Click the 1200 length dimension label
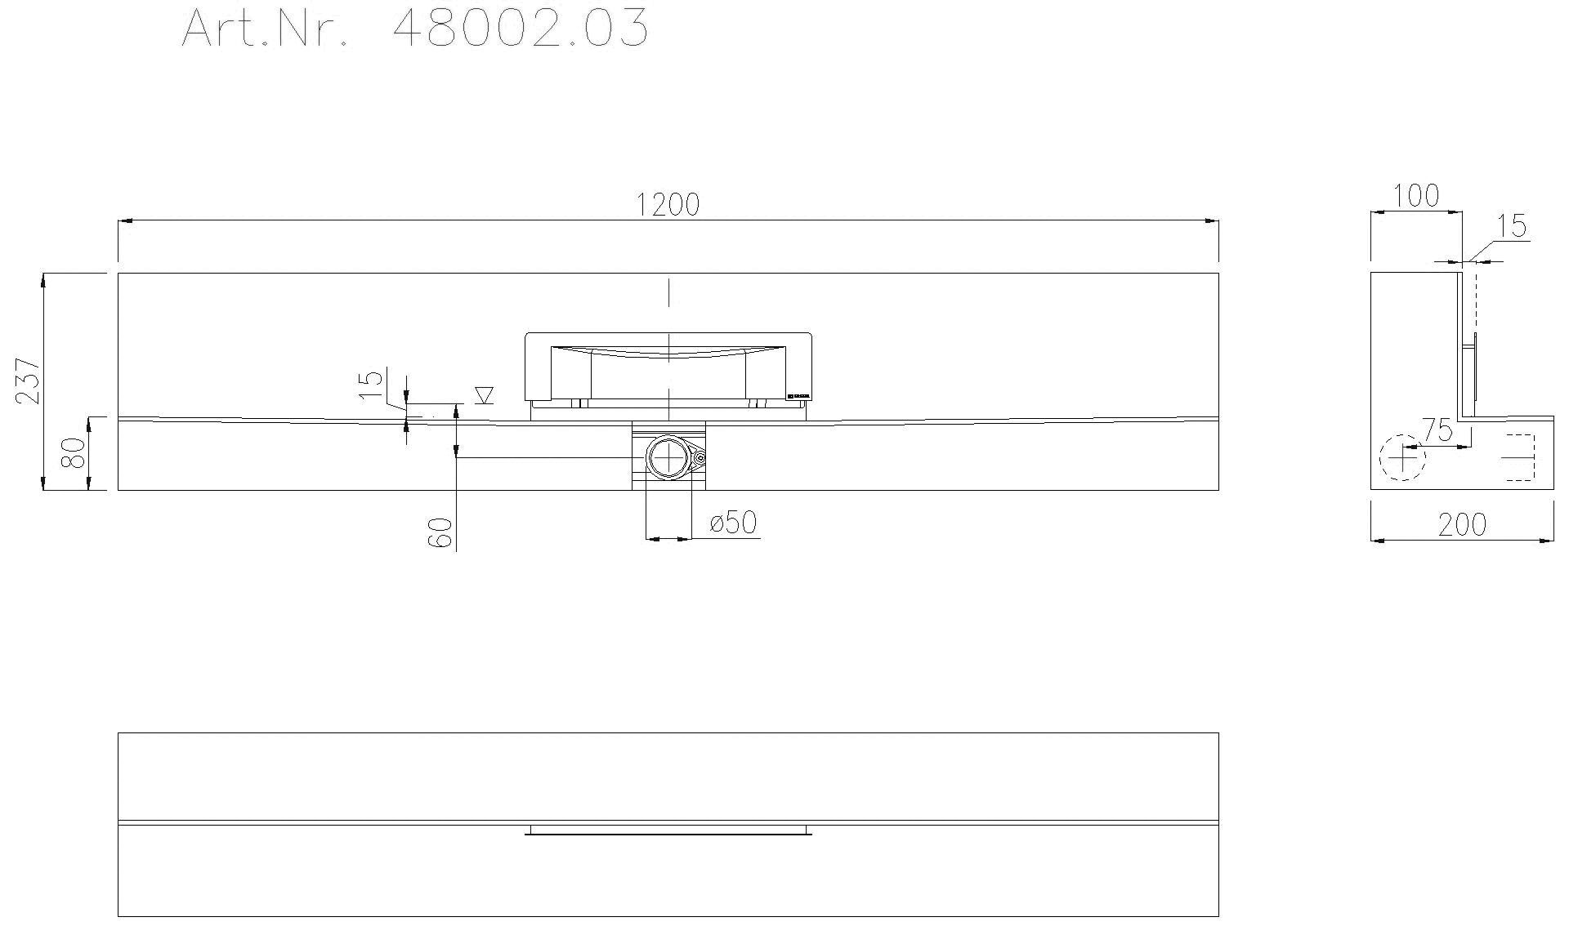tap(668, 204)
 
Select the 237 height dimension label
tap(28, 381)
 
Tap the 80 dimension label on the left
tap(74, 453)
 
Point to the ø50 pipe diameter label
tap(733, 523)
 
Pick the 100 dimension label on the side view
tap(1415, 196)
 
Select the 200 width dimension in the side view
tap(1462, 525)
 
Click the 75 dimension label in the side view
tap(1437, 430)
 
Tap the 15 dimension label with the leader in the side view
tap(1513, 226)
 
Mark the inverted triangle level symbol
tap(484, 395)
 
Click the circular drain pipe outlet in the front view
tap(668, 458)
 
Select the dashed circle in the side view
tap(1402, 457)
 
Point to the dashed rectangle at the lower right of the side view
tap(1519, 457)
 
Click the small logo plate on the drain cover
tap(798, 397)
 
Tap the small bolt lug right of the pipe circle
tap(700, 458)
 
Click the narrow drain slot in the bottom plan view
tap(668, 830)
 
